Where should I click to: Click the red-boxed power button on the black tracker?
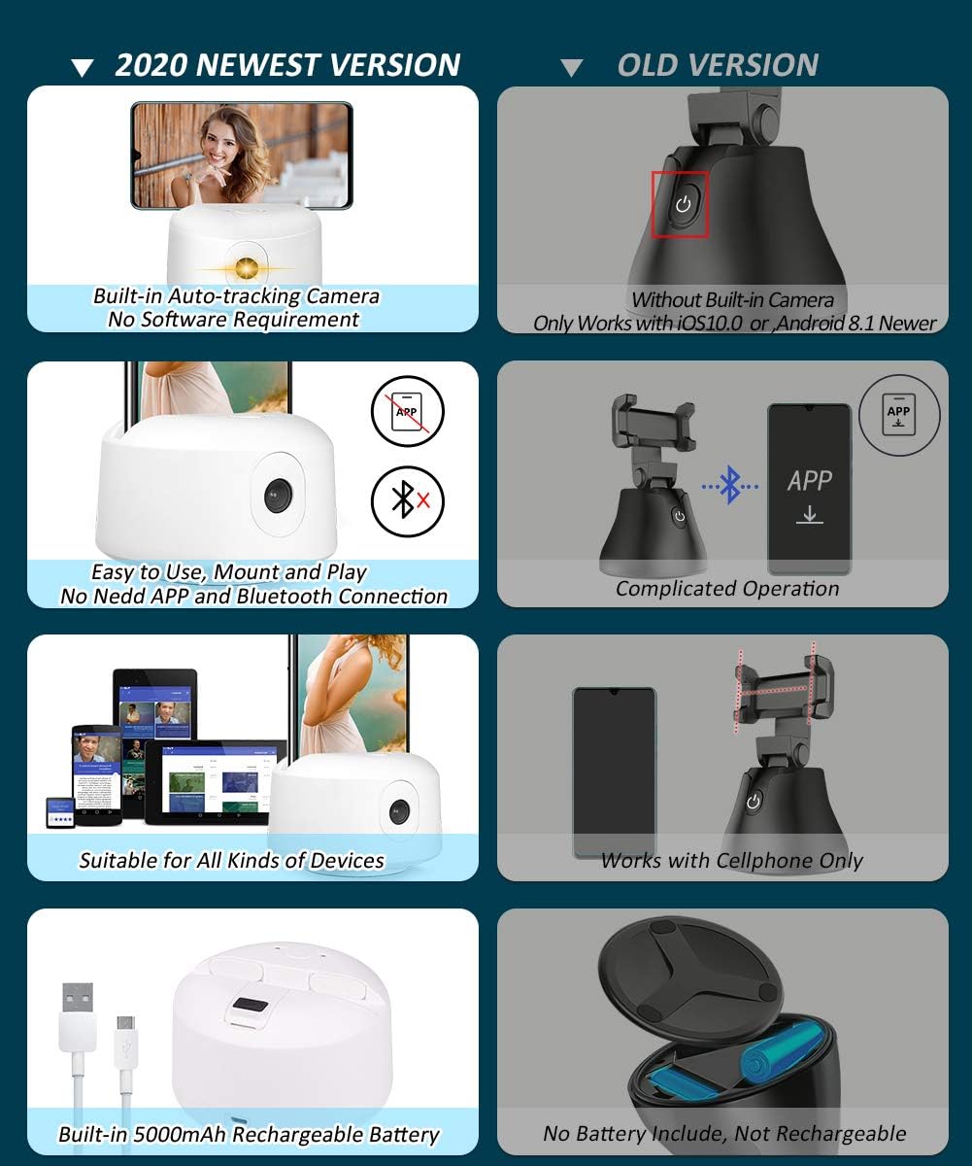tap(683, 204)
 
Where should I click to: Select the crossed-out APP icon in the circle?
tap(407, 412)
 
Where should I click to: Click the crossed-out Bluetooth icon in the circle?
tap(407, 501)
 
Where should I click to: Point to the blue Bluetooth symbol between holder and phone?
tap(730, 486)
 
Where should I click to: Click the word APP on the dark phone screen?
tap(810, 480)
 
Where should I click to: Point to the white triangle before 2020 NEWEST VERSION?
tap(83, 68)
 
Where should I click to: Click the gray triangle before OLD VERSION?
tap(572, 68)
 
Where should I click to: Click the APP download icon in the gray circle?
tap(899, 415)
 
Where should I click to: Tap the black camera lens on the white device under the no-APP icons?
tap(278, 495)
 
